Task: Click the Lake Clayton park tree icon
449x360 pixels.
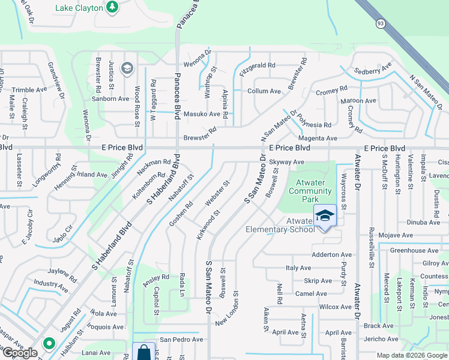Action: [x=112, y=7]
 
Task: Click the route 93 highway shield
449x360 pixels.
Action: [x=381, y=23]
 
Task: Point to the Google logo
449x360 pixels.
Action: [x=19, y=353]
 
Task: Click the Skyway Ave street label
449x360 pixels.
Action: [x=287, y=163]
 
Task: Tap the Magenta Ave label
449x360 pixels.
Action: [x=322, y=139]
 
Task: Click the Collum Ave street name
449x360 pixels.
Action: [x=264, y=91]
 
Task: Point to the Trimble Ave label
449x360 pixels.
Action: [x=29, y=89]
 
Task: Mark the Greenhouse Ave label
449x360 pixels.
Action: [x=415, y=250]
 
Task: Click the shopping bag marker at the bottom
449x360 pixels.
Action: [x=143, y=352]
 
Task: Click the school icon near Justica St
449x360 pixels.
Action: [x=127, y=68]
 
